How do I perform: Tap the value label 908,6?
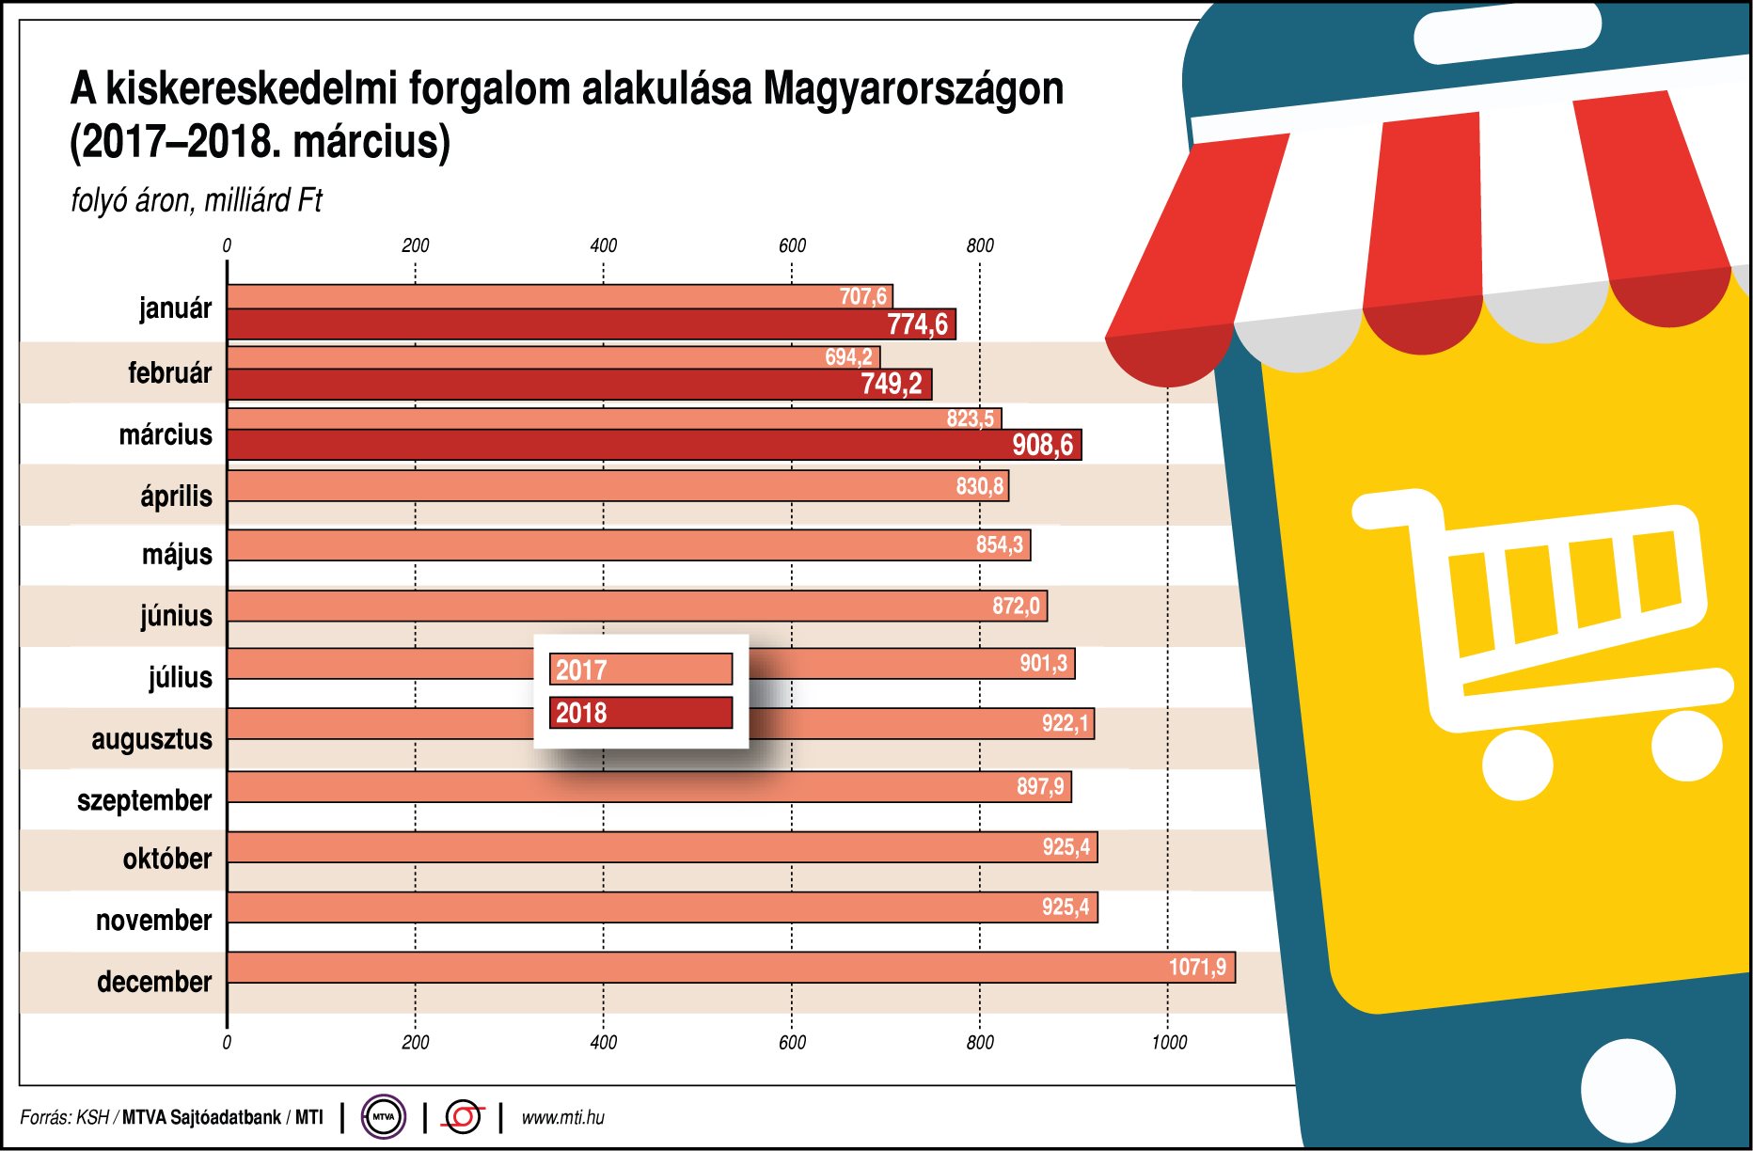pyautogui.click(x=1042, y=445)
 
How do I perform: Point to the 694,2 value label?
pyautogui.click(x=848, y=357)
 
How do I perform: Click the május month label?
pyautogui.click(x=177, y=554)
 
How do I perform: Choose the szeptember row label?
pyautogui.click(x=145, y=800)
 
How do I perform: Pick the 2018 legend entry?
pyautogui.click(x=640, y=713)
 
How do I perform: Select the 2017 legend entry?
pyautogui.click(x=640, y=670)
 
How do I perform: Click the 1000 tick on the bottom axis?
pyautogui.click(x=1169, y=1042)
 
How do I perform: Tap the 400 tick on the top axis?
pyautogui.click(x=603, y=245)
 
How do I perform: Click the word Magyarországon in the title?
pyautogui.click(x=913, y=89)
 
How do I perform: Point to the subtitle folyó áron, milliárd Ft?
pyautogui.click(x=197, y=200)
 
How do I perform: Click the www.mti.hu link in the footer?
pyautogui.click(x=562, y=1117)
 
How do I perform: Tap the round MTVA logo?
pyautogui.click(x=384, y=1117)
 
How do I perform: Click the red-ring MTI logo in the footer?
pyautogui.click(x=463, y=1117)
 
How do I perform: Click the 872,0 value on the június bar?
pyautogui.click(x=1016, y=606)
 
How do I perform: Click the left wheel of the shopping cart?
pyautogui.click(x=1517, y=765)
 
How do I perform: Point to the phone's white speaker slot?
pyautogui.click(x=1507, y=33)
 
